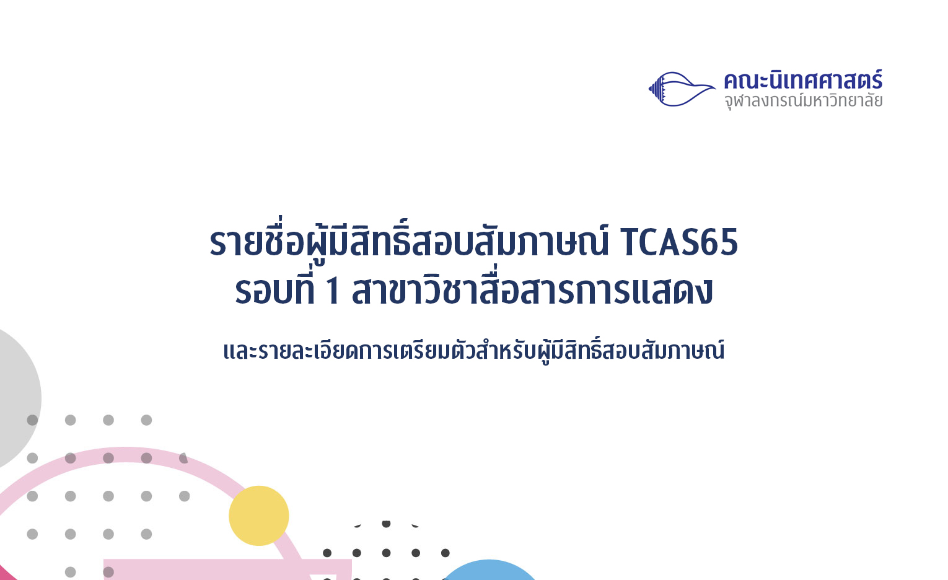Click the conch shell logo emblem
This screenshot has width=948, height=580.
tap(682, 89)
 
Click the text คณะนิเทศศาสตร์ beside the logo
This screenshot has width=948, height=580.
tap(803, 81)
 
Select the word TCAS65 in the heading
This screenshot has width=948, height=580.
tap(679, 242)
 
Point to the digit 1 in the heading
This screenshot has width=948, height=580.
tap(333, 291)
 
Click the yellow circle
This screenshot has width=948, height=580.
tap(259, 516)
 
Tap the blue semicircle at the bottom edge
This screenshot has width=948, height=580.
tap(489, 570)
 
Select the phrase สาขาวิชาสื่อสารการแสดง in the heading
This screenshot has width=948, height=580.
tap(532, 290)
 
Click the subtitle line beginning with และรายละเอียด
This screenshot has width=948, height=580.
tap(474, 350)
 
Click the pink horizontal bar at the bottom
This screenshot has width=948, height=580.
tap(227, 569)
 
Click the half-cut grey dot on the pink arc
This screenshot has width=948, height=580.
tap(183, 458)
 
